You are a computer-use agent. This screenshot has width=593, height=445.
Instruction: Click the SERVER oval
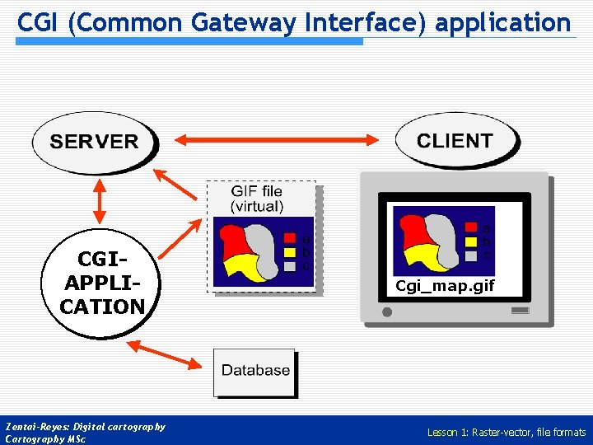pos(94,142)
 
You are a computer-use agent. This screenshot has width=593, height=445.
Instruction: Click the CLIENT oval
pos(455,140)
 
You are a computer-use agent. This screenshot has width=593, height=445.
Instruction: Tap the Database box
pos(255,372)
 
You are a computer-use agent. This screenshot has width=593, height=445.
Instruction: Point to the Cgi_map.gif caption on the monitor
pos(445,287)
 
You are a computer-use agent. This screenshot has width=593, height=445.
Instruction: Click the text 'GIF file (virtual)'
pos(257,199)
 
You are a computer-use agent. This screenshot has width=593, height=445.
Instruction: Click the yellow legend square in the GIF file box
pos(290,253)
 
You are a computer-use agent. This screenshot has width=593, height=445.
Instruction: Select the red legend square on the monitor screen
pos(471,228)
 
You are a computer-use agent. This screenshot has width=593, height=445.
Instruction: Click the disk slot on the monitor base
pos(520,311)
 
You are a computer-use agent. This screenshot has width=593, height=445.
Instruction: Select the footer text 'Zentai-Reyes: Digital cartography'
pos(86,427)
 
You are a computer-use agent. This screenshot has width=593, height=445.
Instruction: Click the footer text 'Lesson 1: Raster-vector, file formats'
pos(506,432)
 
